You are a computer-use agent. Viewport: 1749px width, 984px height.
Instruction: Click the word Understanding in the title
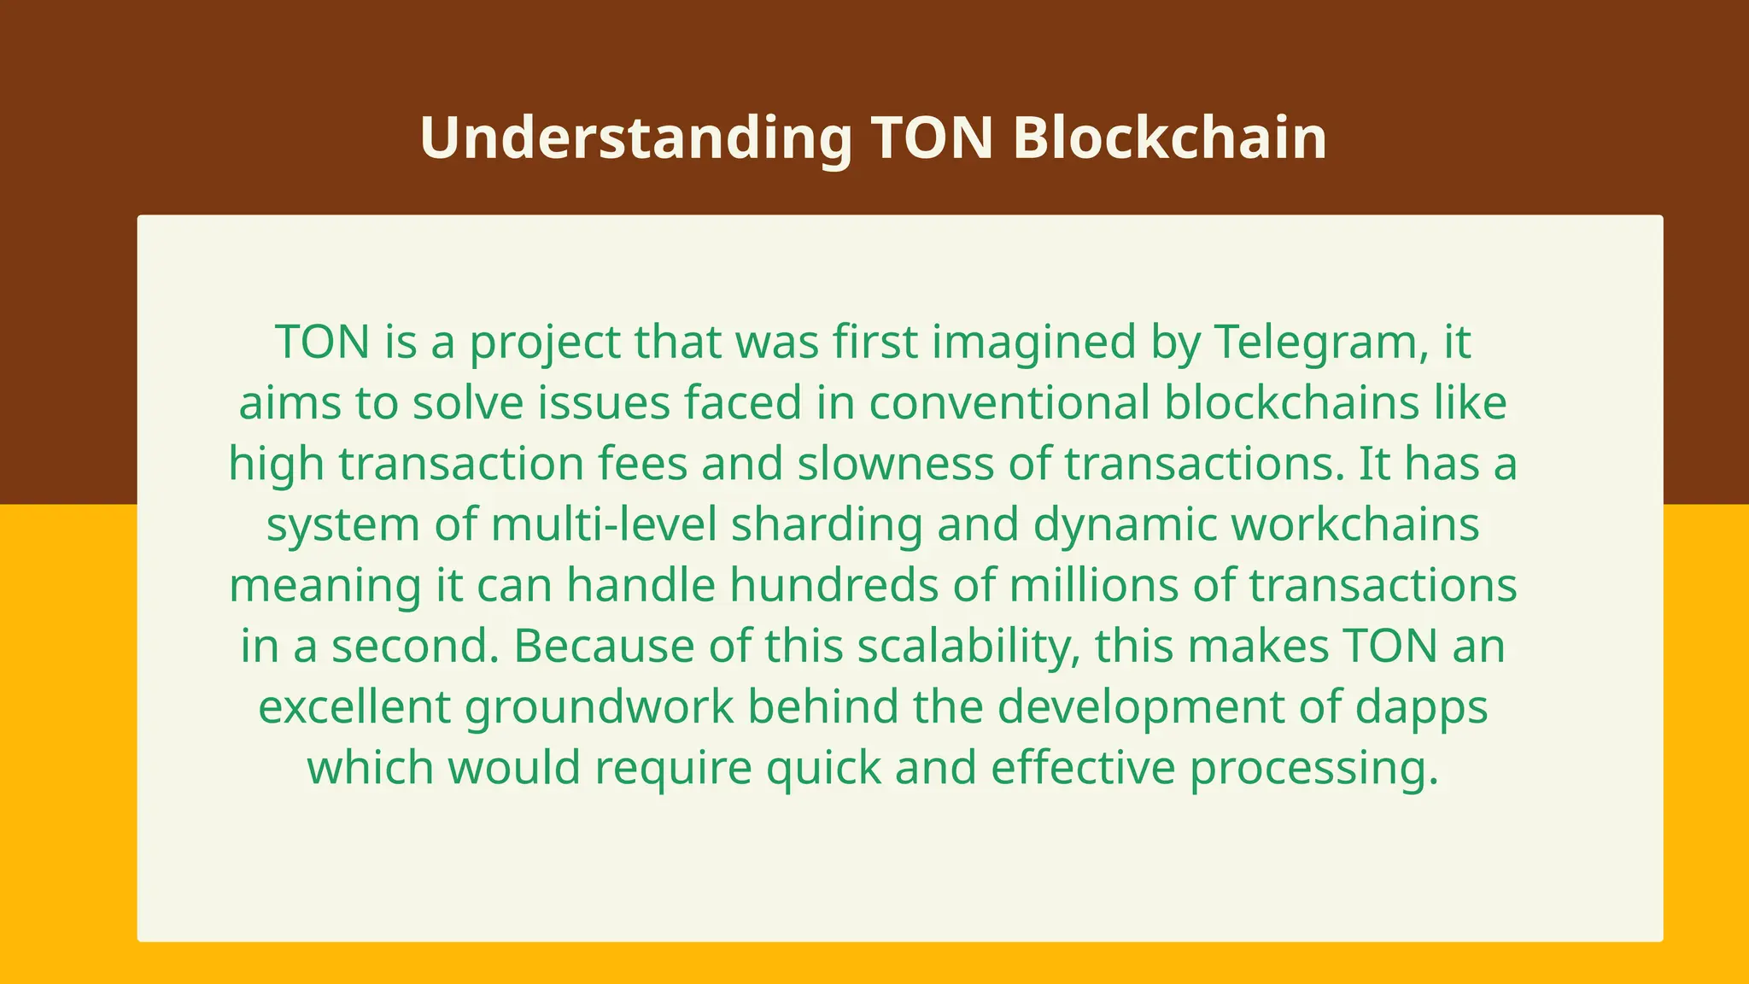coord(635,138)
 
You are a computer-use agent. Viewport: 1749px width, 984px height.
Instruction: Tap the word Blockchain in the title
coord(1169,138)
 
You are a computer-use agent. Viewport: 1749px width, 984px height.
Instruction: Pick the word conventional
coord(1009,403)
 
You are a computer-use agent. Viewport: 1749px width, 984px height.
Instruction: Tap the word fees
coord(642,464)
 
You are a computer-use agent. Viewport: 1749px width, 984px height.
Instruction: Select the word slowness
coord(896,464)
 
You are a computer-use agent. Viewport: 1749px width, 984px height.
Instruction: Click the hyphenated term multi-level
coord(604,524)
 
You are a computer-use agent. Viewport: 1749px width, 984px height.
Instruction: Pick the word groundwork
coord(599,707)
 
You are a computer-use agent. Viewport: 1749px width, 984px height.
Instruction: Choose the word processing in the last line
coord(1314,768)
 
